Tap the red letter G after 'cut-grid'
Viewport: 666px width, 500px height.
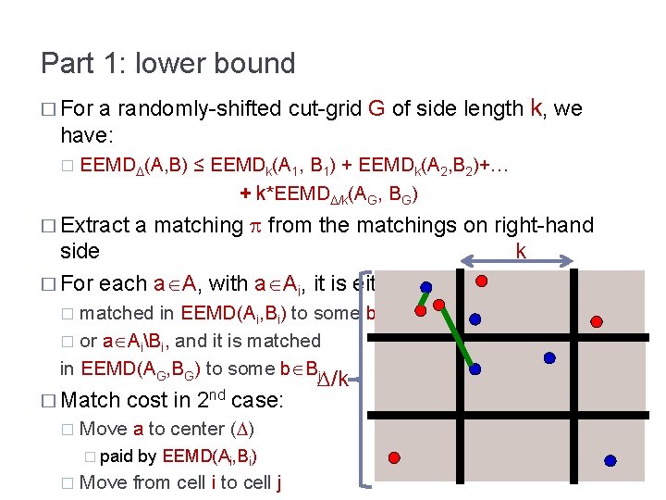pos(376,109)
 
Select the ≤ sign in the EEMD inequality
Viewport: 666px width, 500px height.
pos(198,167)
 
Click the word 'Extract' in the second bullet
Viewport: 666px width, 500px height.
pos(95,225)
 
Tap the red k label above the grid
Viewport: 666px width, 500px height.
pos(520,251)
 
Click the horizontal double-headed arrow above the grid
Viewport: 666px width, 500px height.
pos(517,266)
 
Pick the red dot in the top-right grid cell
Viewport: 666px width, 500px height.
pos(597,321)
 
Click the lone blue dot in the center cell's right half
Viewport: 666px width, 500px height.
pos(549,357)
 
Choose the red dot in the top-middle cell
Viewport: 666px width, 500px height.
pos(480,281)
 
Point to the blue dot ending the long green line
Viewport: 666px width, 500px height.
pos(475,369)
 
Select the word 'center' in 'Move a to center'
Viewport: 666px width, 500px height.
pos(196,429)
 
